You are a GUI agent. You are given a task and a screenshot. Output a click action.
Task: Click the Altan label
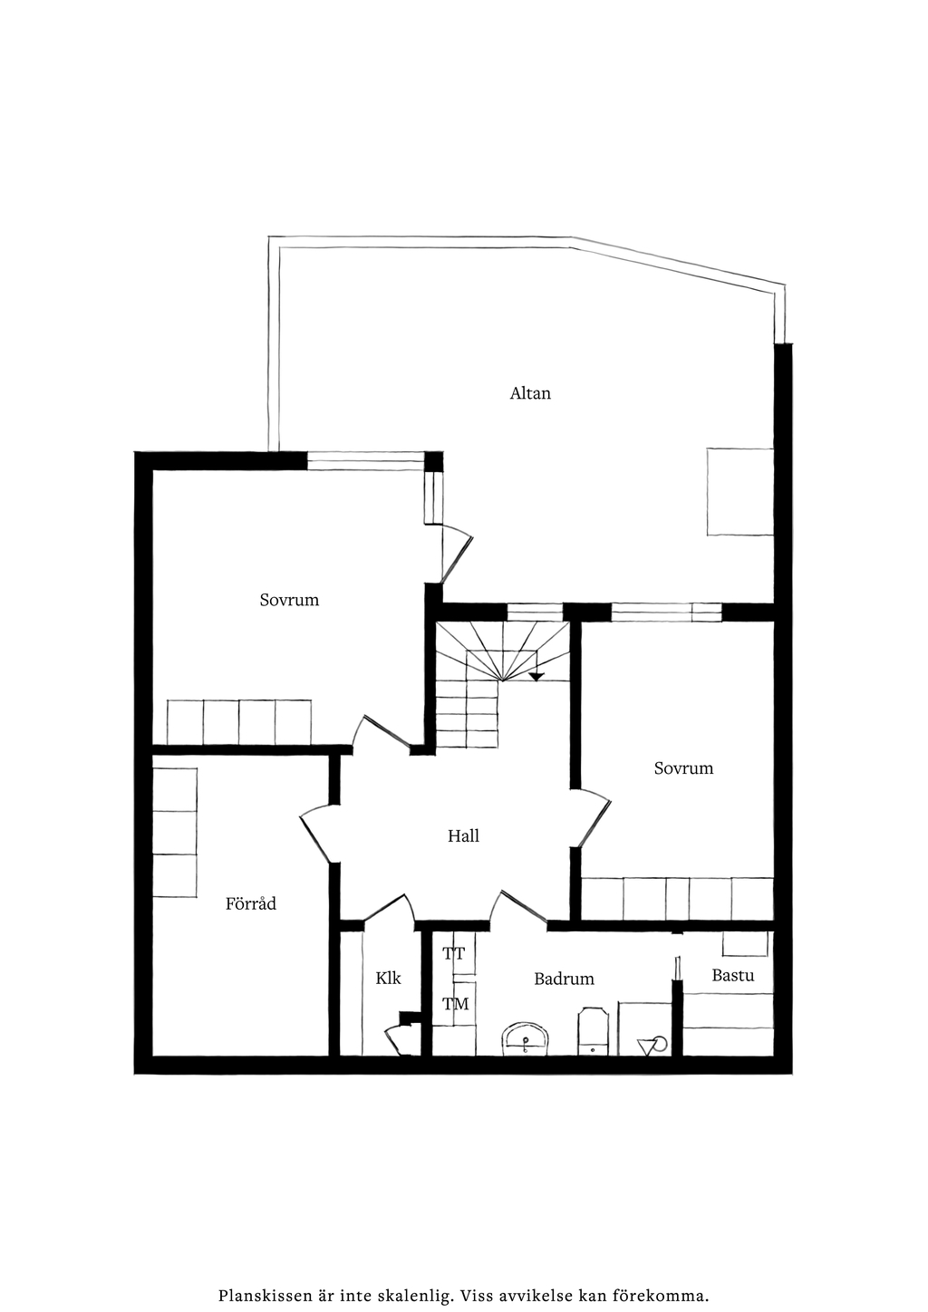530,393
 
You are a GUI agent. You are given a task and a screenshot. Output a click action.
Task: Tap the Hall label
463,835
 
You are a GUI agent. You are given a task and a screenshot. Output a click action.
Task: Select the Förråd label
251,903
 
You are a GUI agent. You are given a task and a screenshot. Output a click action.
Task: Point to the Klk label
389,978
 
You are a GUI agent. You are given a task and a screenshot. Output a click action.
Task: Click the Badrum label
565,979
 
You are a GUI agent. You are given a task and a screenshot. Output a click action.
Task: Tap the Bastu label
733,975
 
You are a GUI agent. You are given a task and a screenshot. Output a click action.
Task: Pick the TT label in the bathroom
453,954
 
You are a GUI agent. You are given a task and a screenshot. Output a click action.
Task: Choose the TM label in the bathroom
455,1005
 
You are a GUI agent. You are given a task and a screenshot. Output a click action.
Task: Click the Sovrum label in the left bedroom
289,600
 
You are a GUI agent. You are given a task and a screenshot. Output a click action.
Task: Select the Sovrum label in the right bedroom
683,767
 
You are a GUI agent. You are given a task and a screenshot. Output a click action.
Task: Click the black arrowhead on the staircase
536,677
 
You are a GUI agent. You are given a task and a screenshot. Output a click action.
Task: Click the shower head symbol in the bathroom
652,1045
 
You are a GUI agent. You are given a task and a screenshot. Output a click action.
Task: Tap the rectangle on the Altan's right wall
739,491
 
